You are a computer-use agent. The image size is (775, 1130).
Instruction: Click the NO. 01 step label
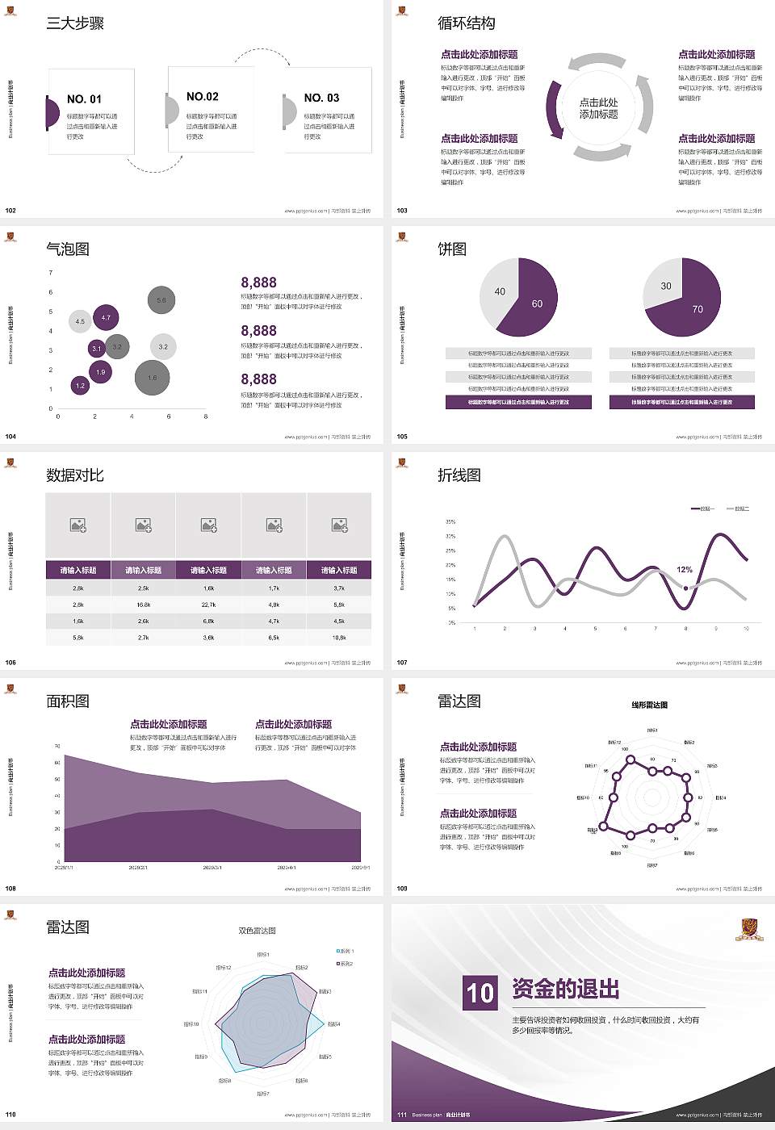[84, 99]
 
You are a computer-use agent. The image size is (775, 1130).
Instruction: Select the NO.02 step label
[202, 97]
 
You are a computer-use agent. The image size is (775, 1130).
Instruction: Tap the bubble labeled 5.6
[161, 300]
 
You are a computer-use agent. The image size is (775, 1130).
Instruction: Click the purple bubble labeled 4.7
[106, 318]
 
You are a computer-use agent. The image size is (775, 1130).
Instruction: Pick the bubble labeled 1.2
[80, 386]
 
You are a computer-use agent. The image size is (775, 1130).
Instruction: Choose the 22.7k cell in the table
[208, 605]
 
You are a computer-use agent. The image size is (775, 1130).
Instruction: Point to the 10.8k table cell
[339, 638]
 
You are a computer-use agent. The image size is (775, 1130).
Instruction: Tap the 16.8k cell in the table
[143, 605]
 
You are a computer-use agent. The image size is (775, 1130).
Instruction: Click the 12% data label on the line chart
[685, 570]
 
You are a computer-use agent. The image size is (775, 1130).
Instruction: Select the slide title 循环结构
[467, 23]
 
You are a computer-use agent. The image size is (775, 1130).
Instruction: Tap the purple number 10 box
[480, 993]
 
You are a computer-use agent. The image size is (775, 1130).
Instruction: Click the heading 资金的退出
[566, 989]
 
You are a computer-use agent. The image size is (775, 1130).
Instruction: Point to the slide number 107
[402, 663]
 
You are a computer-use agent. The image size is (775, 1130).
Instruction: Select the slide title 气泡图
[68, 249]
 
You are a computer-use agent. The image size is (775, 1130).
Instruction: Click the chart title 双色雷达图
[257, 931]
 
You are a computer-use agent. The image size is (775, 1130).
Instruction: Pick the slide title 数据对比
[75, 475]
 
